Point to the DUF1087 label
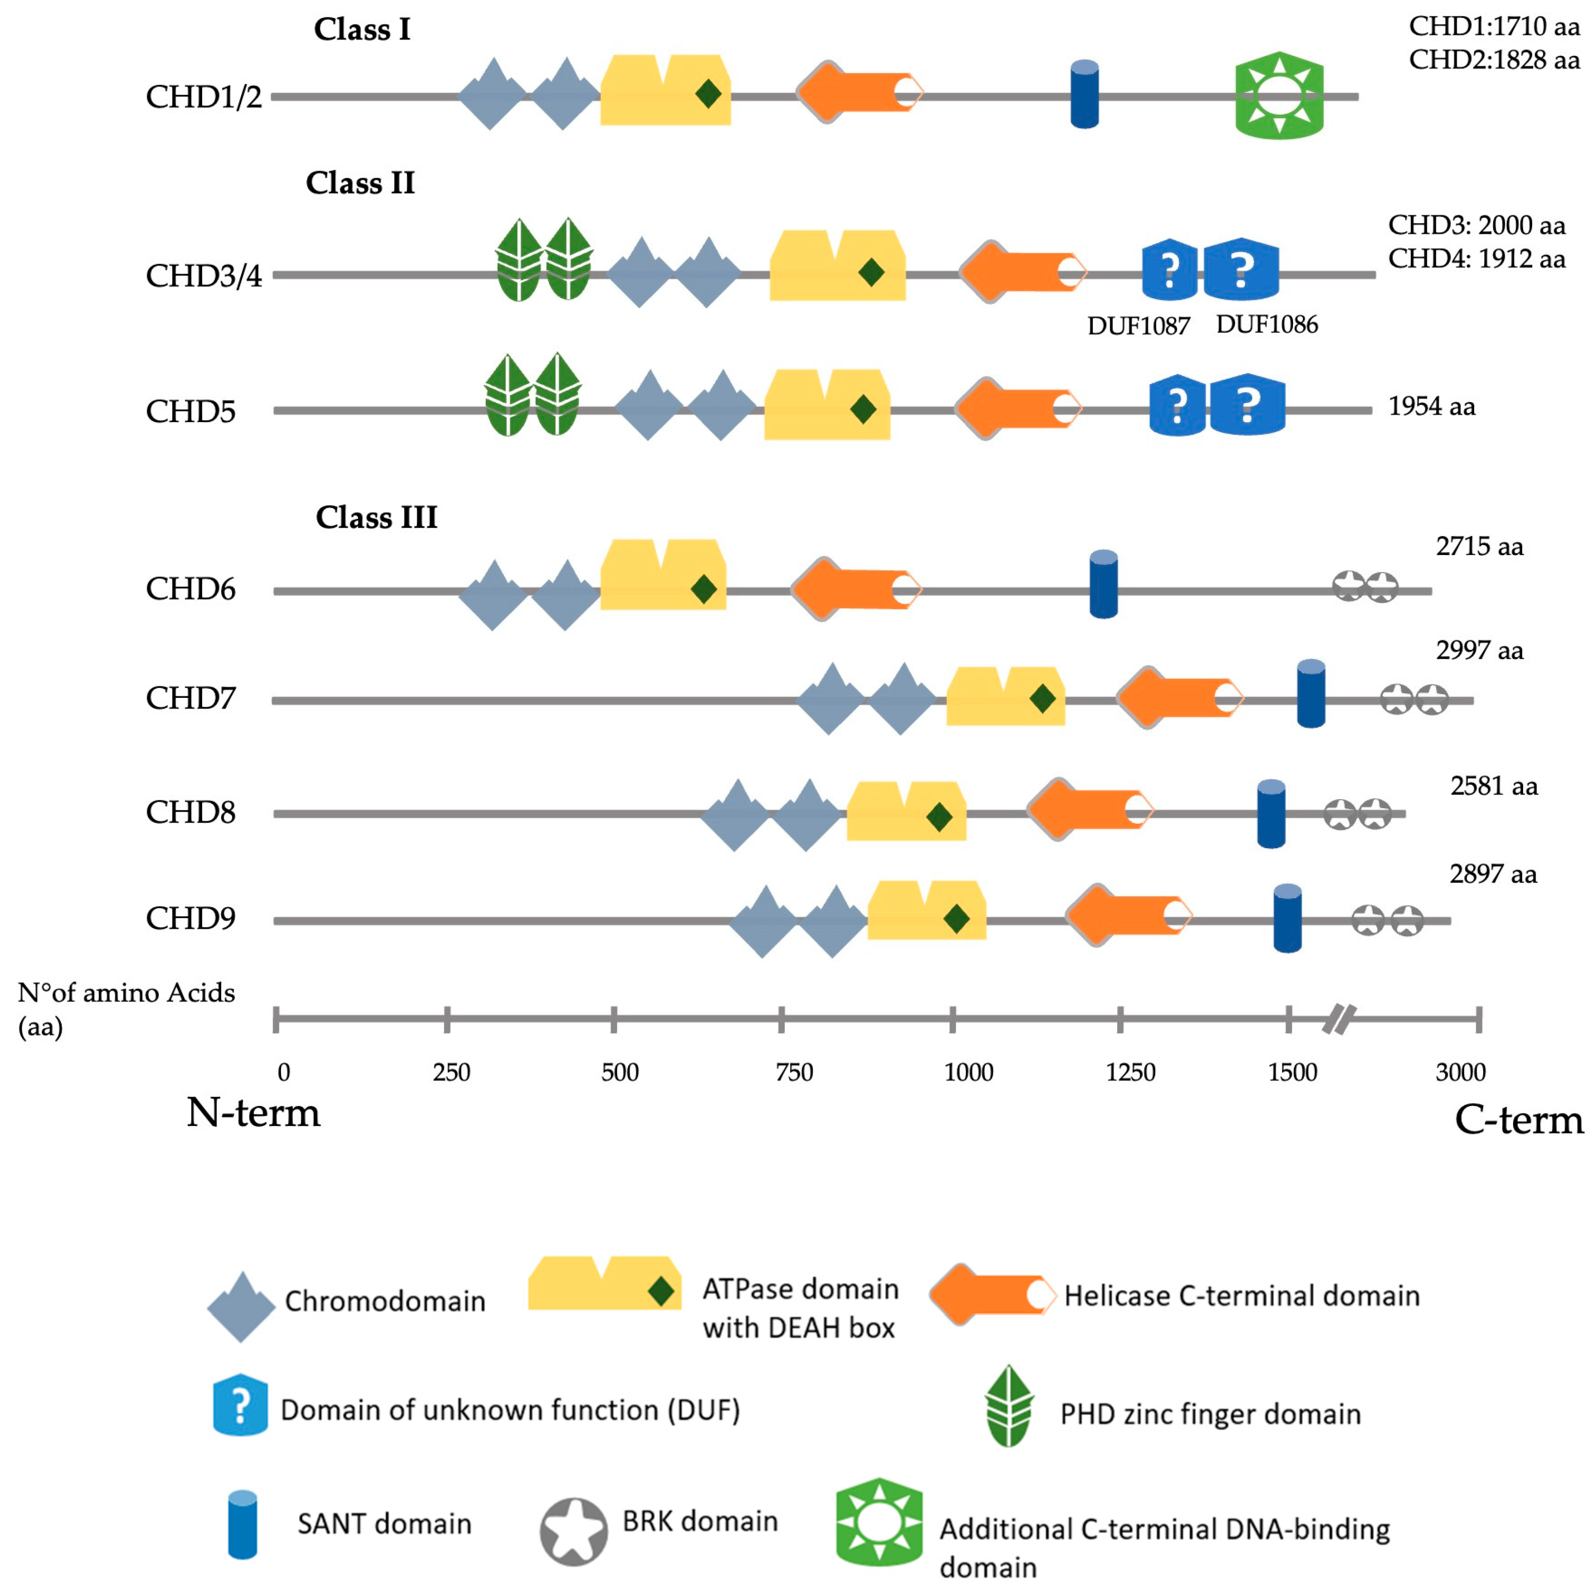pos(1138,326)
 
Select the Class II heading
pos(360,182)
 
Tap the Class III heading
pos(376,517)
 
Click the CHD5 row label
pos(191,411)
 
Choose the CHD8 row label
pos(191,812)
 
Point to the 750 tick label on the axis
pos(794,1072)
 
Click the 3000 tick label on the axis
pos(1460,1072)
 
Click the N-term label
pos(253,1113)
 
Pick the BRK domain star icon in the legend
pos(573,1533)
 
